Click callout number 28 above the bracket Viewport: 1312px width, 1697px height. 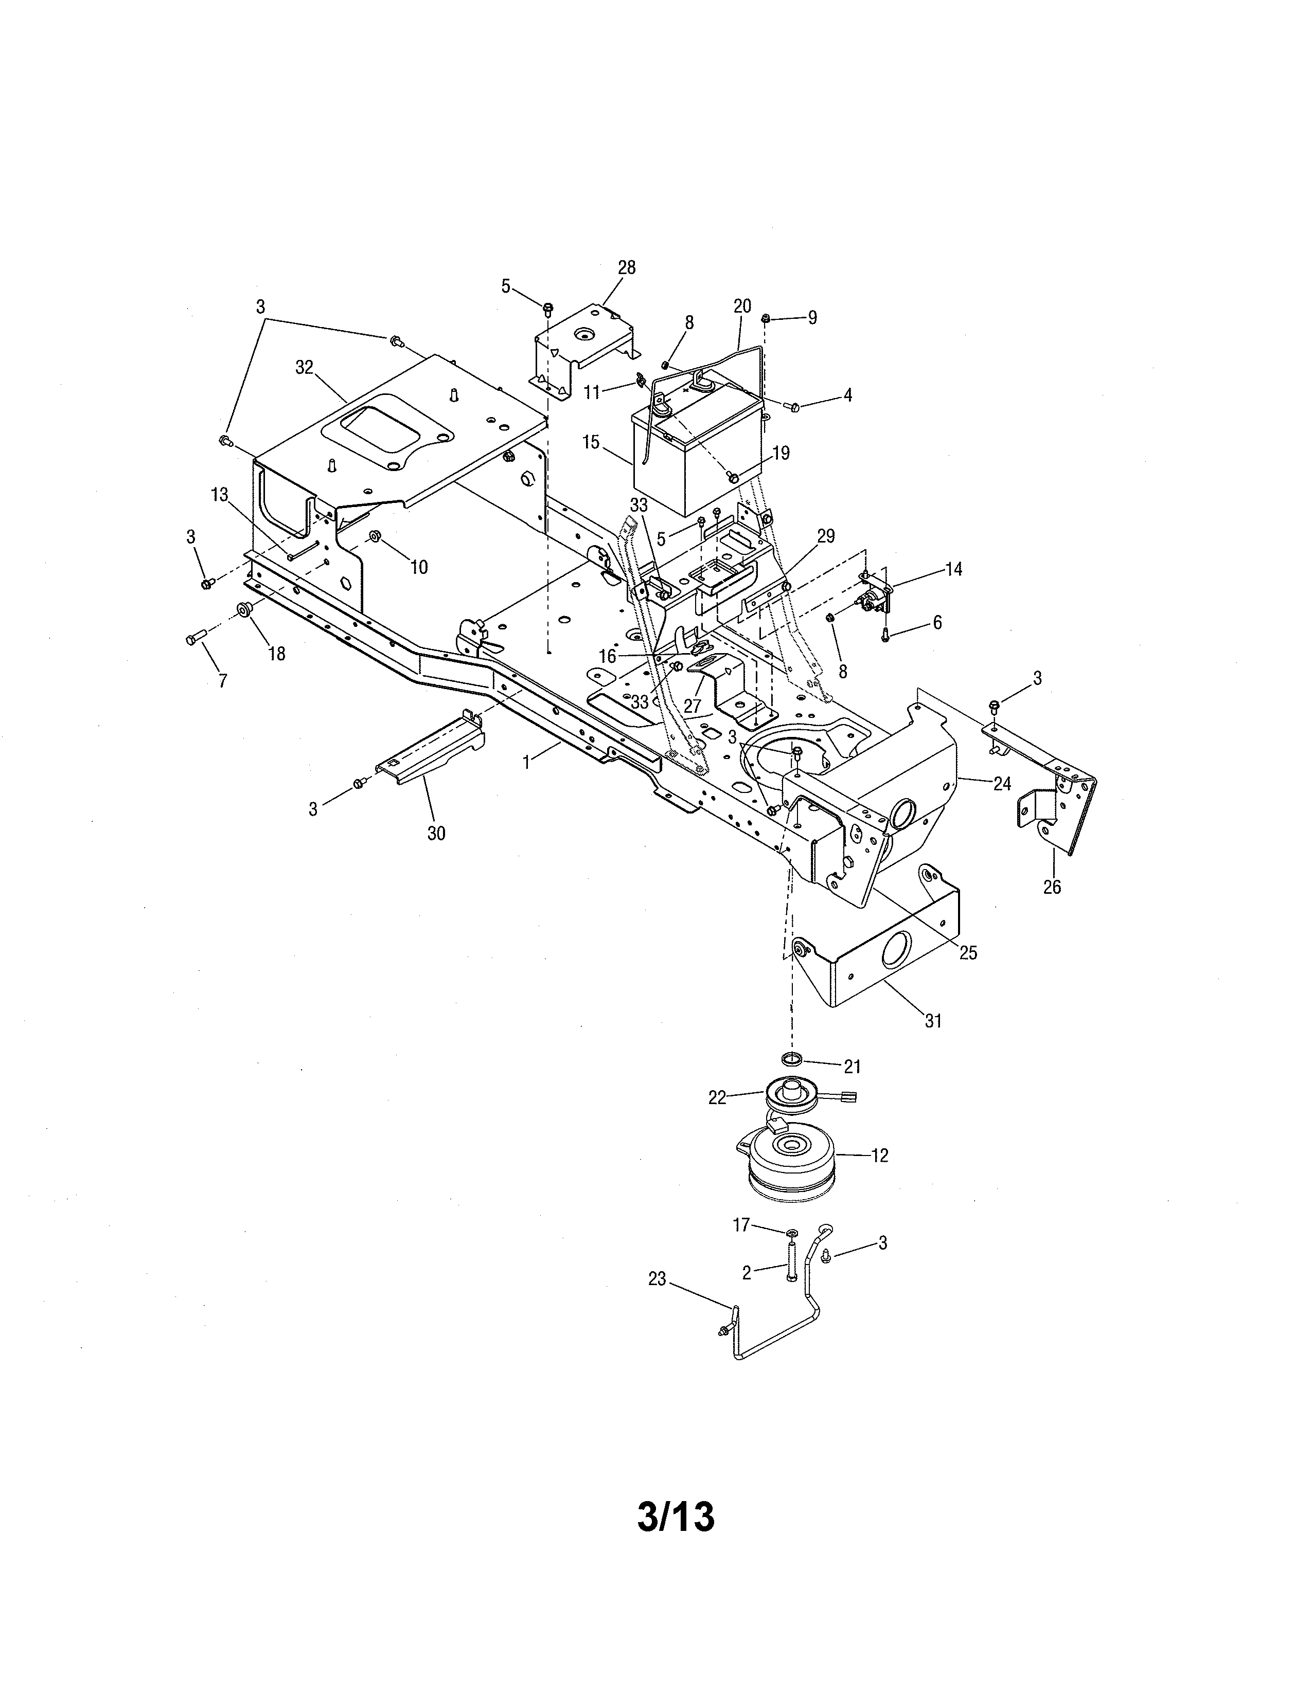(627, 268)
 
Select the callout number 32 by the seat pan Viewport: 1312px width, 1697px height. (304, 368)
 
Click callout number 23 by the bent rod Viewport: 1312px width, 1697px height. (658, 1279)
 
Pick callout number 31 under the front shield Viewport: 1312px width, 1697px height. (933, 1021)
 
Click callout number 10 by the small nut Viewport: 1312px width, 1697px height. (418, 567)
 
